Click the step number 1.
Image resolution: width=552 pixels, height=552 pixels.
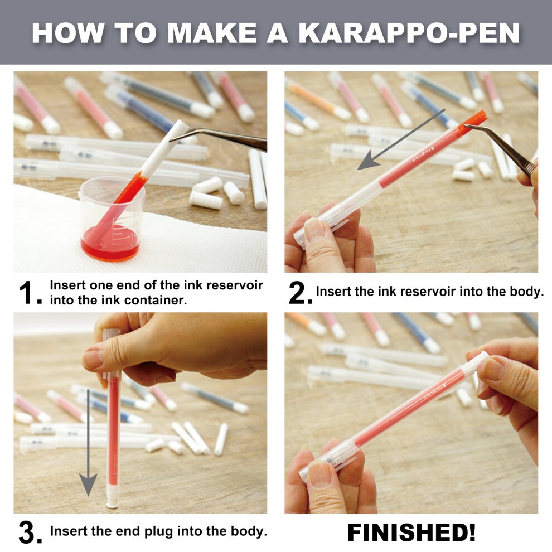[x=29, y=294]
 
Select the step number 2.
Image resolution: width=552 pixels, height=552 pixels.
[x=300, y=294]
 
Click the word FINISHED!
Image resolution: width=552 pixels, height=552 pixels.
[x=411, y=532]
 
